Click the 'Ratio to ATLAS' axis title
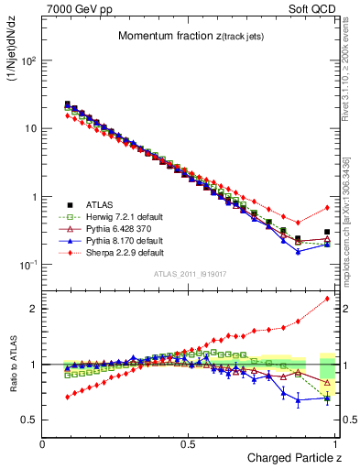pyautogui.click(x=13, y=365)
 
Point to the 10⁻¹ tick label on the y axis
pyautogui.click(x=28, y=265)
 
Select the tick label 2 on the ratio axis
pyautogui.click(x=34, y=309)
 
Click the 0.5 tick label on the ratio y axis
pyautogui.click(x=29, y=420)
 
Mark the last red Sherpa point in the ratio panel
pyautogui.click(x=327, y=299)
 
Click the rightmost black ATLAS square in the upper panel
pyautogui.click(x=327, y=233)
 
